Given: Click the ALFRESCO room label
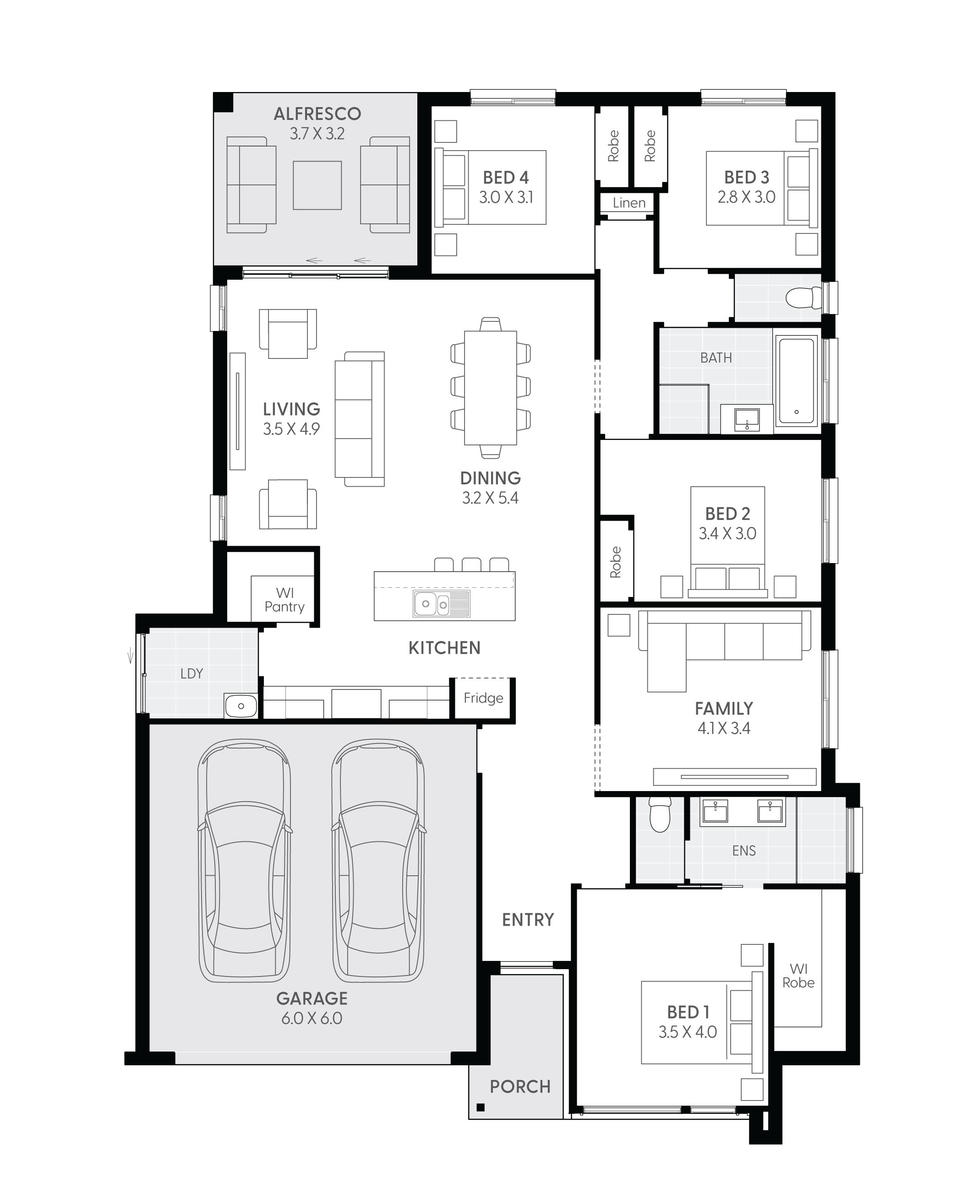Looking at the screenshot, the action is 317,114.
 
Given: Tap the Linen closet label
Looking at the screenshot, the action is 629,203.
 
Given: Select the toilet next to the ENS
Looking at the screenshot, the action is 660,815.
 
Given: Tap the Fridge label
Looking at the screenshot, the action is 483,698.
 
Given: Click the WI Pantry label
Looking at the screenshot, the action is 284,600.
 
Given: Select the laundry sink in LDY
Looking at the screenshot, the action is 241,706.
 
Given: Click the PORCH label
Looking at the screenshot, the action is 520,1087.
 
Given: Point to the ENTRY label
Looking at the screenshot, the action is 528,920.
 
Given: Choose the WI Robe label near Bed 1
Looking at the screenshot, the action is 798,976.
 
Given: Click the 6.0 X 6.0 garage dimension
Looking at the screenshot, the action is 312,1019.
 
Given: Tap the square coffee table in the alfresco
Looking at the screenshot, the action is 317,185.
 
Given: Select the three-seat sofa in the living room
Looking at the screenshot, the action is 360,419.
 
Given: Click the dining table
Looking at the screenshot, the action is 491,388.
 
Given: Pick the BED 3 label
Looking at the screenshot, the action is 746,178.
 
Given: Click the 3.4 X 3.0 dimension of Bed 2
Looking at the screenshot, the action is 727,533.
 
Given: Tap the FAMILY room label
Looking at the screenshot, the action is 724,709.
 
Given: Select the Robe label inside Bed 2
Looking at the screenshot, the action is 616,562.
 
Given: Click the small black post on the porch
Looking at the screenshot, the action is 480,1107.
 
